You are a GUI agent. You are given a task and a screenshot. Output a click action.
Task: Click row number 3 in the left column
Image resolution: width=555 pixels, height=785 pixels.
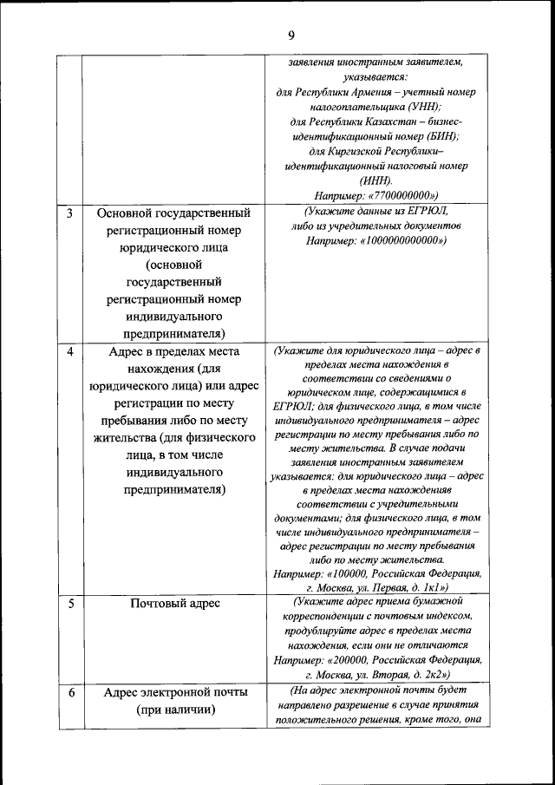(x=69, y=213)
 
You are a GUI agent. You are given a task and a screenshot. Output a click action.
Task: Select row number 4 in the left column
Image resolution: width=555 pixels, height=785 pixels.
(x=69, y=351)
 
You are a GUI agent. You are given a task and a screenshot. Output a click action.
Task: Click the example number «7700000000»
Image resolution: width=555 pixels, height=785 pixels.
(x=399, y=195)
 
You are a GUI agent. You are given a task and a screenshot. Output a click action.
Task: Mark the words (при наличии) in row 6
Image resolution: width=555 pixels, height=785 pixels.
(x=175, y=711)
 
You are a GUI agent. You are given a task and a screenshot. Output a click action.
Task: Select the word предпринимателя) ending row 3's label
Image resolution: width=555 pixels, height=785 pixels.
(x=175, y=333)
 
